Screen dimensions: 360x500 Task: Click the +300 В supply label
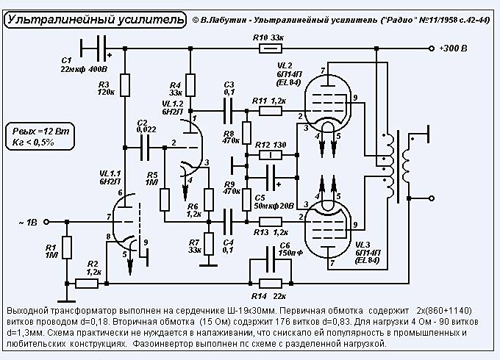point(453,48)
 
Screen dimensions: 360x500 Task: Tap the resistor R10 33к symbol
point(271,48)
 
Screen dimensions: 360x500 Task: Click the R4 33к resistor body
point(190,85)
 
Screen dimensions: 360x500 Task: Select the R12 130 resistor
point(271,155)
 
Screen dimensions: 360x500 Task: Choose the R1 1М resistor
point(66,248)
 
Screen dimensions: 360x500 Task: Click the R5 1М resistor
point(165,198)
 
